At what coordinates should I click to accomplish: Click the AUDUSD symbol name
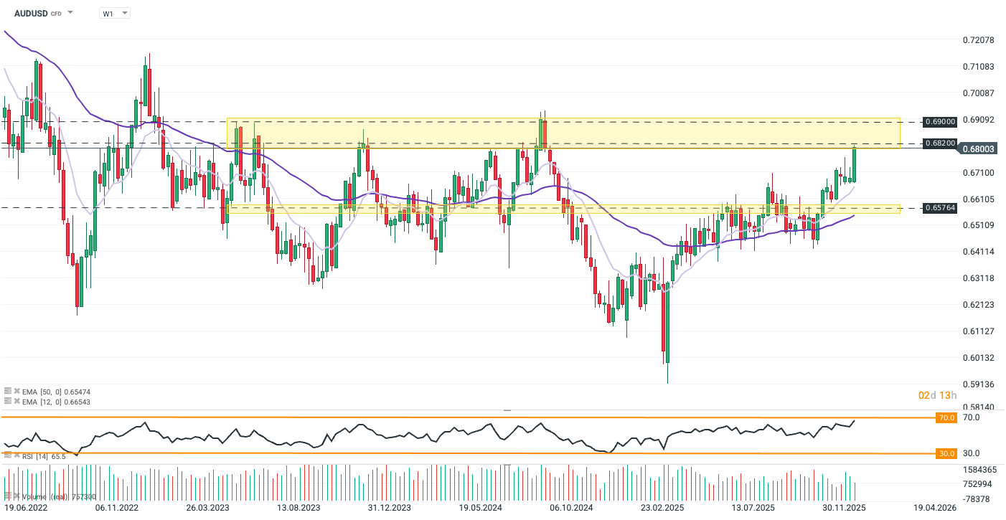tap(31, 13)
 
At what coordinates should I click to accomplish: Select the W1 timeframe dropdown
tap(114, 13)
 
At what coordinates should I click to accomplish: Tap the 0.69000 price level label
tap(939, 122)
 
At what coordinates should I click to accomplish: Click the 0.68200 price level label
tap(939, 143)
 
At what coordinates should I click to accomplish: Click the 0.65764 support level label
tap(939, 208)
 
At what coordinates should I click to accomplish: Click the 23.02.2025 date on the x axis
tap(662, 508)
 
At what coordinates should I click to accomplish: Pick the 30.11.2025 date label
tap(845, 508)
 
